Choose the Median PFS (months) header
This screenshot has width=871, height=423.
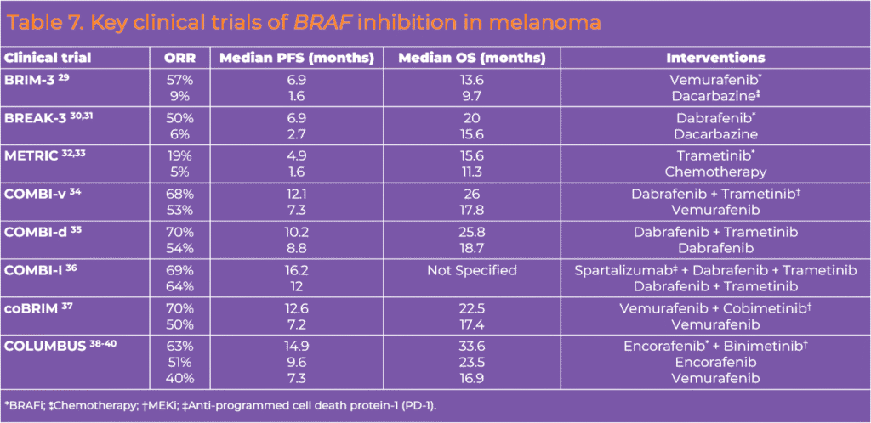click(x=297, y=58)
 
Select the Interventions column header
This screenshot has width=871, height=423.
click(x=714, y=58)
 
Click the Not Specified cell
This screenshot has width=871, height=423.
click(x=473, y=271)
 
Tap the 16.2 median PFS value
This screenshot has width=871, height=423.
click(x=297, y=271)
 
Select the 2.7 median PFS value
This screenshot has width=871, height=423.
click(x=297, y=133)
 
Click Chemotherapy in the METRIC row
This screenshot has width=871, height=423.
click(x=715, y=171)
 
